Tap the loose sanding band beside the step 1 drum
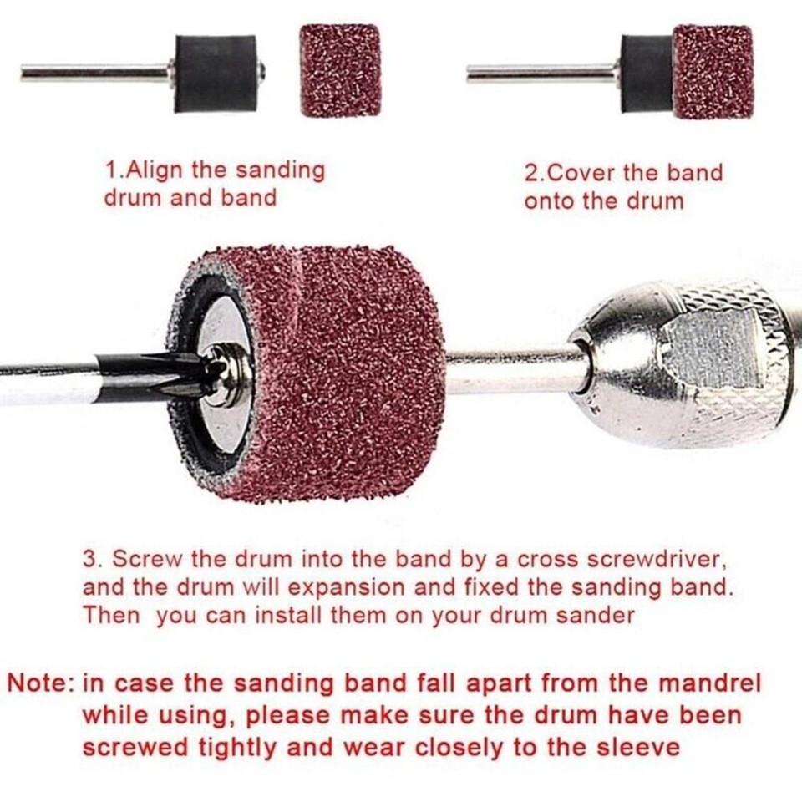[x=340, y=70]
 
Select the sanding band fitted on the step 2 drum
[x=713, y=72]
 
